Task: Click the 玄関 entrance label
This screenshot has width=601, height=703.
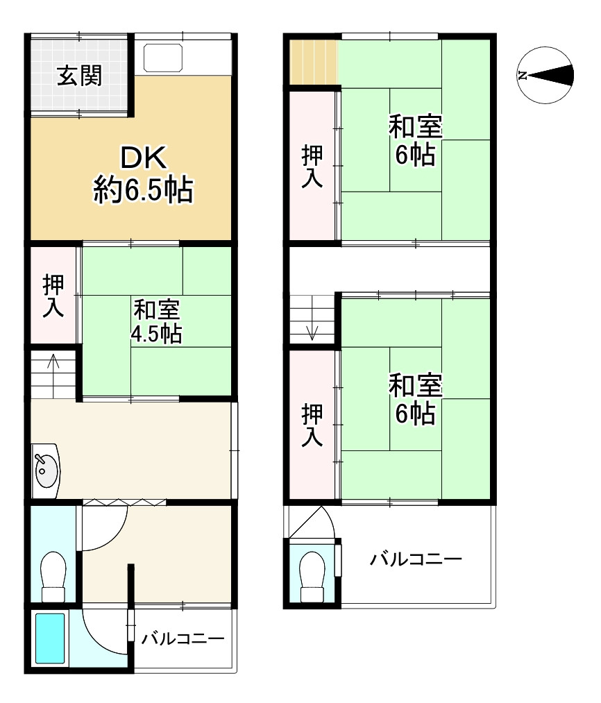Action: [80, 76]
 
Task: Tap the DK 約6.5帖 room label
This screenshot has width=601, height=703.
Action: [144, 174]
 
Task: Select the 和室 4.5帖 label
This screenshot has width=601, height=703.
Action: [157, 321]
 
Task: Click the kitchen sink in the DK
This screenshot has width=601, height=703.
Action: [163, 58]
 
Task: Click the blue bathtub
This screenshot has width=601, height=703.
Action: [50, 638]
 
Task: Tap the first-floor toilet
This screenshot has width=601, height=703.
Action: [53, 576]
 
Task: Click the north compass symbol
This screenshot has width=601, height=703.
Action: [545, 75]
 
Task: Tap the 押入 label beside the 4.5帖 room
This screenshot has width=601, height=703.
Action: [53, 296]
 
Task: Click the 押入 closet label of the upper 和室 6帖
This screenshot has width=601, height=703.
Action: [312, 166]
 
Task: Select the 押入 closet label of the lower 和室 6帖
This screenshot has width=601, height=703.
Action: [312, 425]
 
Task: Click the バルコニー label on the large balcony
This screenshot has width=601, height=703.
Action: [416, 559]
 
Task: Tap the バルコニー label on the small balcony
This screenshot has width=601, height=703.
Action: [183, 638]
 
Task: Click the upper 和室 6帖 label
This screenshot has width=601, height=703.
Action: [415, 140]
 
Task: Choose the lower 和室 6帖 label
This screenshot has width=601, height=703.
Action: [415, 398]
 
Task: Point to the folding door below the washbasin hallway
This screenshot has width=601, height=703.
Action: [124, 502]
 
